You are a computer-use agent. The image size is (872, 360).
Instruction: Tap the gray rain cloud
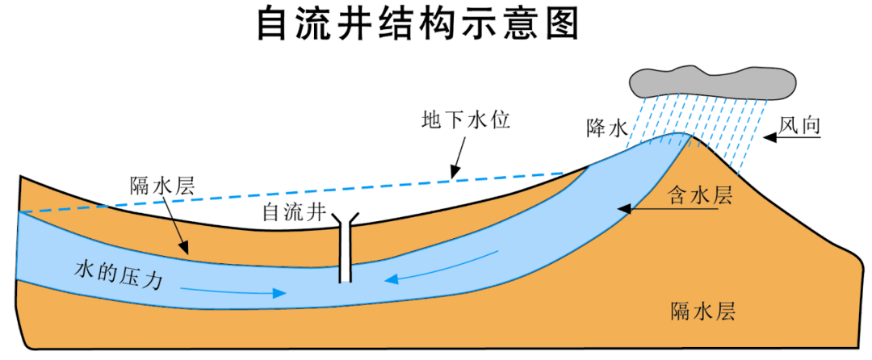(x=711, y=80)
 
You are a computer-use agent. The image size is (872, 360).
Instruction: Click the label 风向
(x=800, y=123)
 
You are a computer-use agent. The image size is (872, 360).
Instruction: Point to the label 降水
(x=607, y=128)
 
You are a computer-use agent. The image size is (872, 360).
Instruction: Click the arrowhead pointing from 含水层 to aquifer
(x=623, y=210)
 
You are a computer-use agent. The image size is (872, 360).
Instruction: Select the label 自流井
(x=292, y=213)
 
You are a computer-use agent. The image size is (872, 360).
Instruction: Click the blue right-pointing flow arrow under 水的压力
(x=234, y=290)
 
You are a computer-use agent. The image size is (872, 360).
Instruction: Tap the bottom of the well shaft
(x=346, y=278)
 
